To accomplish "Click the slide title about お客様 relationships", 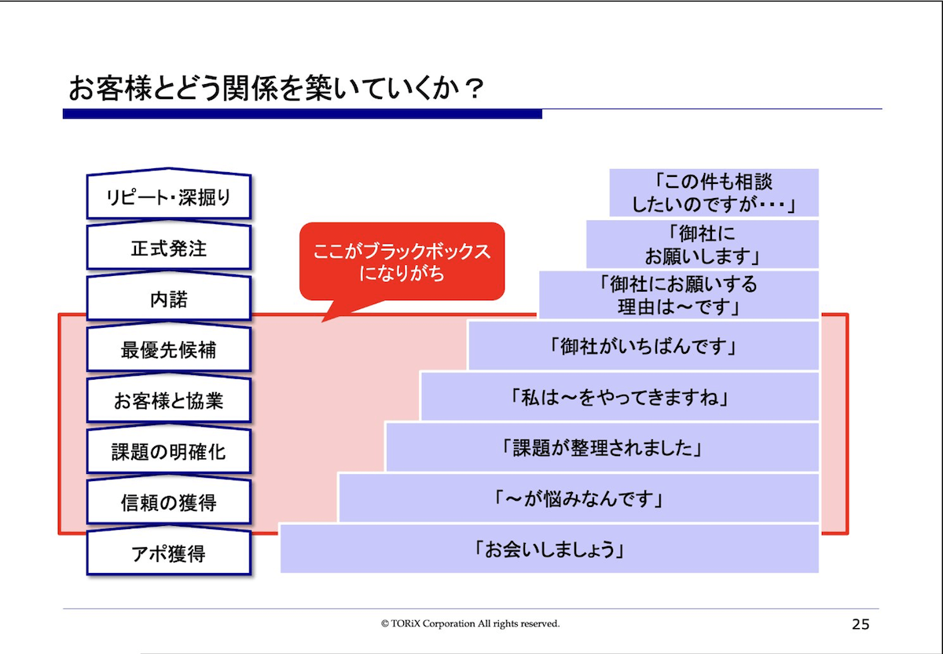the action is [x=276, y=89].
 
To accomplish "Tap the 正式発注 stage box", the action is [x=169, y=246].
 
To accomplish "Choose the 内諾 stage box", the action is [x=169, y=297].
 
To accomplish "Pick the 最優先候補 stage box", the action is [x=169, y=348].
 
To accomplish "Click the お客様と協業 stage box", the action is [x=169, y=399].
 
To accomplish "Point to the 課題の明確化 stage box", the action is [x=169, y=450].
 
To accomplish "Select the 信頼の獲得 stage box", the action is [x=169, y=502].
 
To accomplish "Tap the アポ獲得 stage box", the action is [x=169, y=552].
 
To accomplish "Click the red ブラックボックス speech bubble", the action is [x=402, y=262].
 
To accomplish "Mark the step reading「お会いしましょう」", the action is [x=549, y=549].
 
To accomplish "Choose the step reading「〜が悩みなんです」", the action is [x=579, y=498].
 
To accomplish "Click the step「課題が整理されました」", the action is [x=603, y=447].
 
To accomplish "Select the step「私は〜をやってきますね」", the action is [x=620, y=396].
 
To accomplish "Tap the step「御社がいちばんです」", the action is [x=644, y=346].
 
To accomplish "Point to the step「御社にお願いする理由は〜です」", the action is [x=679, y=295].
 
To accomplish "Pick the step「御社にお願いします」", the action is [x=703, y=244].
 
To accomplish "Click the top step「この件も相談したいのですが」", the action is [x=714, y=193].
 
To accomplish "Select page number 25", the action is [x=860, y=624].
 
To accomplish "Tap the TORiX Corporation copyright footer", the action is [x=470, y=623].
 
